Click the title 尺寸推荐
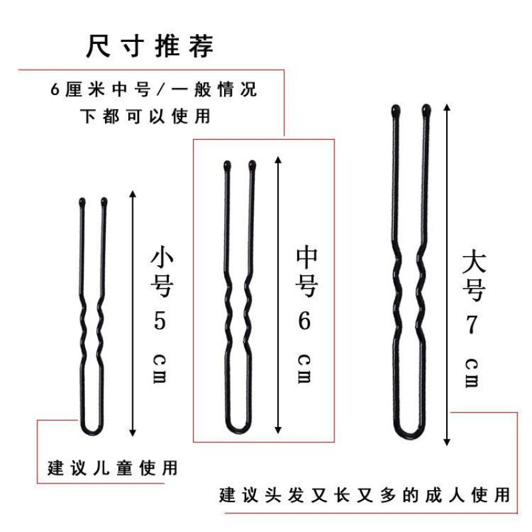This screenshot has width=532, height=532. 150,46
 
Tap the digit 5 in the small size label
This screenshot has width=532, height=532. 160,321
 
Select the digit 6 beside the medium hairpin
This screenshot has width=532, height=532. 304,321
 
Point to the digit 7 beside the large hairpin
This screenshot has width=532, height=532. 471,325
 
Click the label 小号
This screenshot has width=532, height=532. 162,272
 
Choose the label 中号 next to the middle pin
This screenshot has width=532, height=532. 307,271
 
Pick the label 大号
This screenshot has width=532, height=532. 474,275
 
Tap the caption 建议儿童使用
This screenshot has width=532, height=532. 112,468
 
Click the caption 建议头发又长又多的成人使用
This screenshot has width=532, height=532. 364,495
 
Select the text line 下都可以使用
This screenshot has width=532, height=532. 145,116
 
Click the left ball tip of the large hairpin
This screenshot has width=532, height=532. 395,110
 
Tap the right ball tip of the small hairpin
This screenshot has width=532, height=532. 104,202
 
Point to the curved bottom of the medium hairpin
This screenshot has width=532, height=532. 239,429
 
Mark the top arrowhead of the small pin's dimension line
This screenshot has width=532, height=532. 132,194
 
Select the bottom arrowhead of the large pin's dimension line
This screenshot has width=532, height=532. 447,442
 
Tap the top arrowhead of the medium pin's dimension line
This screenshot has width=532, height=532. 278,160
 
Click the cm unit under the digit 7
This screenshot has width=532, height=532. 471,373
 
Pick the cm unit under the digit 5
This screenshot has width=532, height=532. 160,369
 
